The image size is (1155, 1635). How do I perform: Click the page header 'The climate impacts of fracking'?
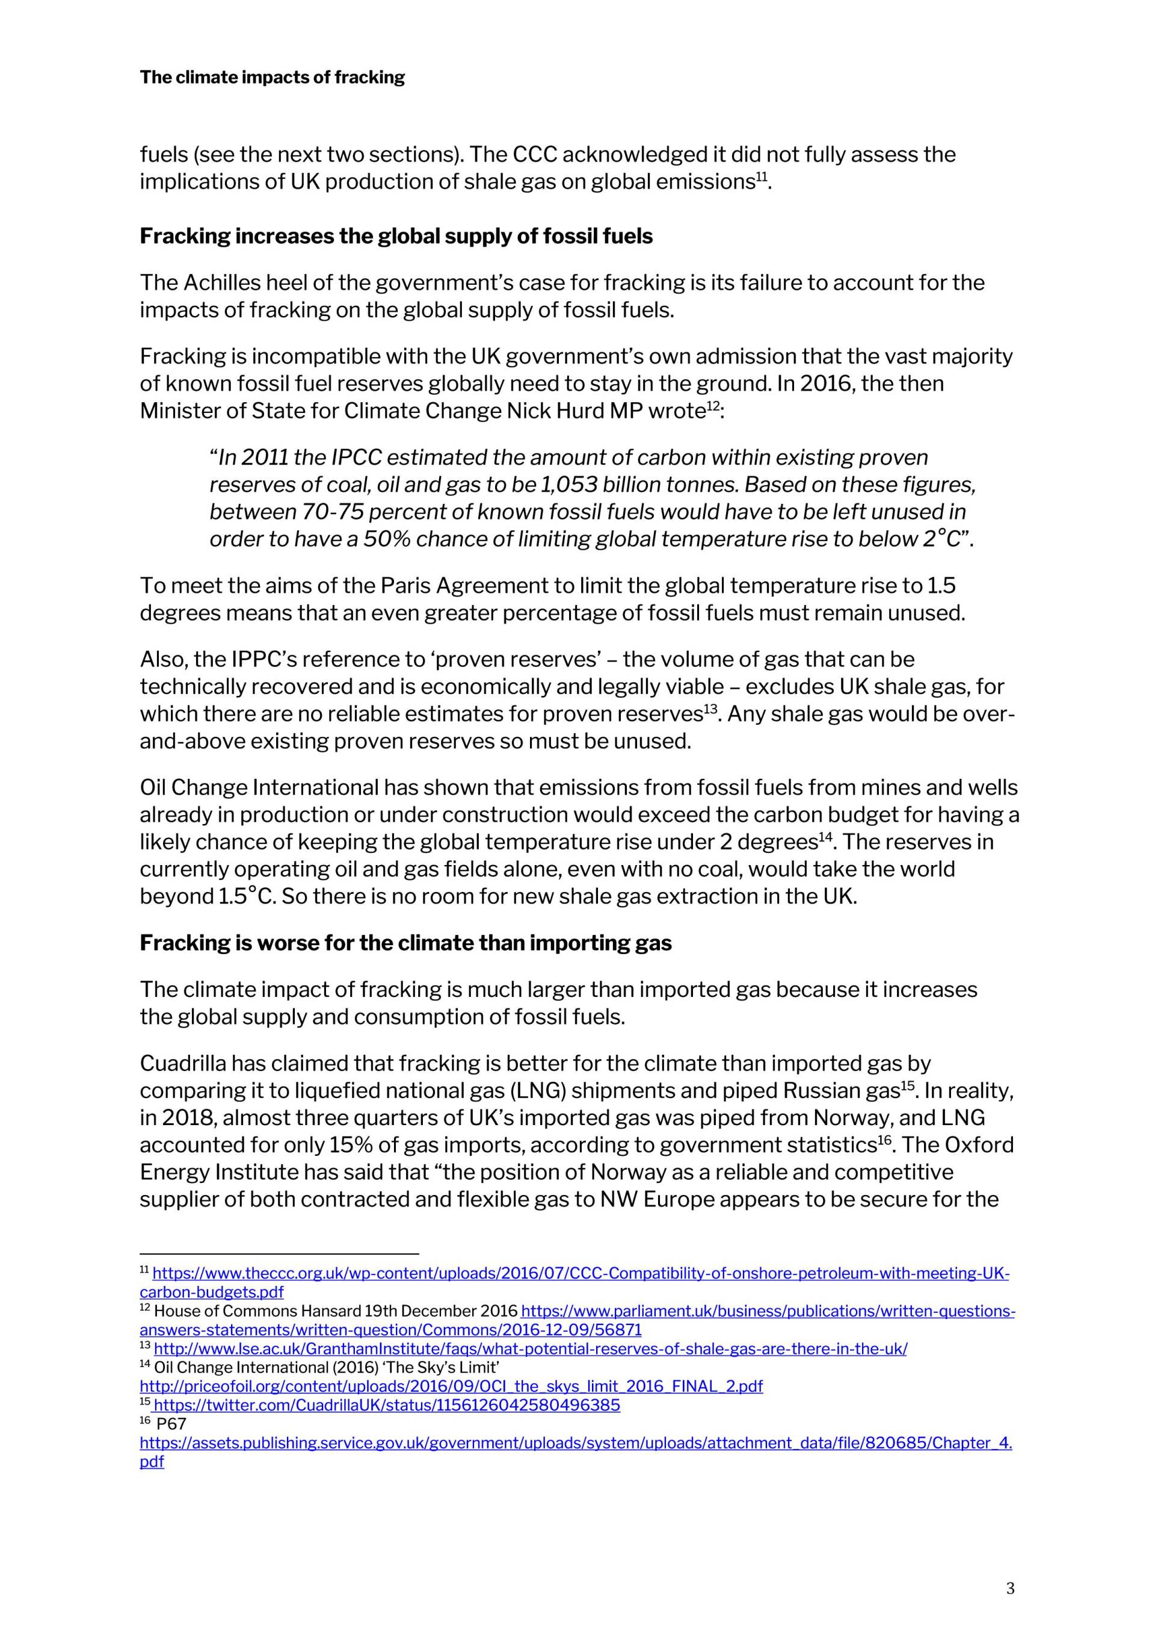272,78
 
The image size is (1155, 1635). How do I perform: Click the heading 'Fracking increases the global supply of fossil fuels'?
396,237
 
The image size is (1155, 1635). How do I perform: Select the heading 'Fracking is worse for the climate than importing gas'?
405,943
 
